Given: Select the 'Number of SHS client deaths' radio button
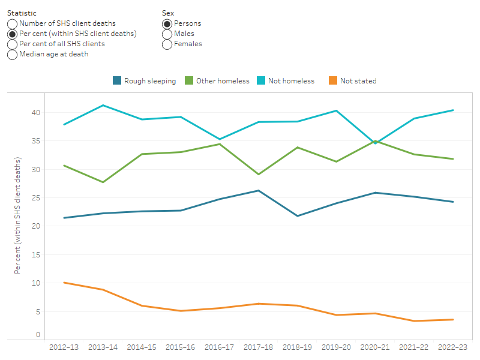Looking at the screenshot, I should pyautogui.click(x=12, y=23).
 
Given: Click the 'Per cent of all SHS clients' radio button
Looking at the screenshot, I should pyautogui.click(x=12, y=44).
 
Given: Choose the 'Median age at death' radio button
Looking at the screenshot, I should pyautogui.click(x=12, y=54).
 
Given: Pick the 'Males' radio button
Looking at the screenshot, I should pyautogui.click(x=167, y=34).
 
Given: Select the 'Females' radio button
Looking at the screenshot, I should pyautogui.click(x=167, y=44).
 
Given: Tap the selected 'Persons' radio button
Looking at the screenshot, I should pyautogui.click(x=167, y=23).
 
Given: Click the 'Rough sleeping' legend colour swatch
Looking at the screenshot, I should pyautogui.click(x=118, y=81).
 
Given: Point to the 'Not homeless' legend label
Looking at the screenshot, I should pyautogui.click(x=292, y=81).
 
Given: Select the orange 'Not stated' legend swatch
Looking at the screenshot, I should pyautogui.click(x=333, y=81).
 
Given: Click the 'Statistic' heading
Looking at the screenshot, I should pyautogui.click(x=22, y=13).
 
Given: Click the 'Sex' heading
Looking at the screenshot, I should pyautogui.click(x=168, y=13).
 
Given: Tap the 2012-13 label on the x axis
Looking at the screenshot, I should pyautogui.click(x=64, y=347).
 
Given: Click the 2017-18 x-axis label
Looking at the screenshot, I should pyautogui.click(x=258, y=347).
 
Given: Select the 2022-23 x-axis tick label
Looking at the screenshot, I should pyautogui.click(x=452, y=347).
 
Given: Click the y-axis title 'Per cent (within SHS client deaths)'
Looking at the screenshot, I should pyautogui.click(x=18, y=216).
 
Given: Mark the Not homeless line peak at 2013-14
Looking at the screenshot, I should pyautogui.click(x=103, y=105).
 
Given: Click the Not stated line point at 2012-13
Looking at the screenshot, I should pyautogui.click(x=64, y=283).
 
